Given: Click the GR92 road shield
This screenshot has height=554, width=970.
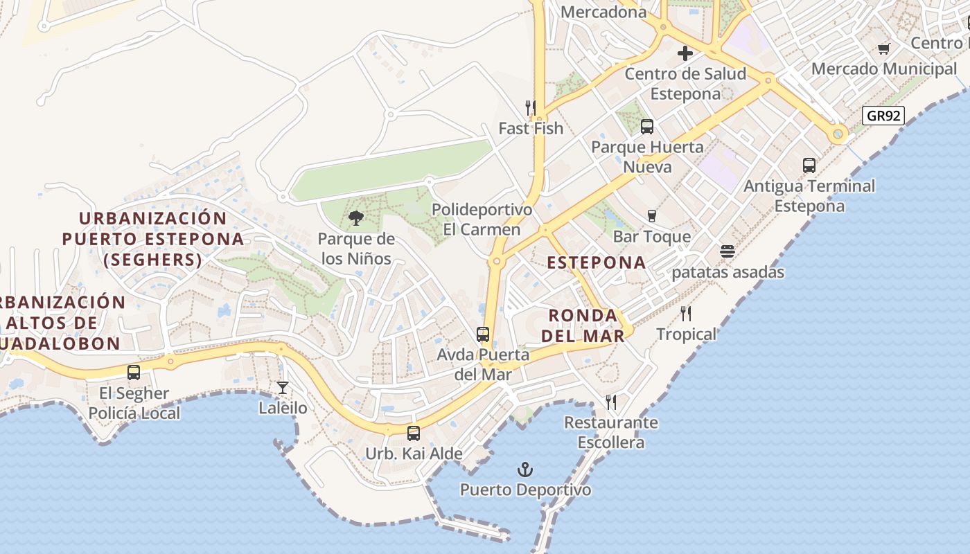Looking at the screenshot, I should (884, 115).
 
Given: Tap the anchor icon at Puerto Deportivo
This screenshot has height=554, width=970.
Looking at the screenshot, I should (525, 470).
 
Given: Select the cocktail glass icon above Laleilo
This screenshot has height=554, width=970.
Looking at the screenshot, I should (283, 388).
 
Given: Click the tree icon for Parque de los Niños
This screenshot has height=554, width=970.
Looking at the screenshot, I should (356, 219).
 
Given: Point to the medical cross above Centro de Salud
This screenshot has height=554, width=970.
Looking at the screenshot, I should (685, 53).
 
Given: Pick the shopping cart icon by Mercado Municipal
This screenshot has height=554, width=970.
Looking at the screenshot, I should (883, 48).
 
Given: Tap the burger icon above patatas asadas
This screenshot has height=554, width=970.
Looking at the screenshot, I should (727, 251).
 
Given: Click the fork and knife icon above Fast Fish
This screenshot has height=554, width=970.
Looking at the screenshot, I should (531, 107).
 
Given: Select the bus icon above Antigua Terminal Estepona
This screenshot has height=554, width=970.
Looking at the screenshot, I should (809, 166).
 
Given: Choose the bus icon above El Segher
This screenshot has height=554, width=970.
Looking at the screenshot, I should (134, 373).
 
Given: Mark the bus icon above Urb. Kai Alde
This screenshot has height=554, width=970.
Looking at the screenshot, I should (414, 434).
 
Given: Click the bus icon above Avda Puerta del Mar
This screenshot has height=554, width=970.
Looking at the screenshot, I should (483, 334).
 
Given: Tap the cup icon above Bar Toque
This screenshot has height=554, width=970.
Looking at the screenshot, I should (651, 216).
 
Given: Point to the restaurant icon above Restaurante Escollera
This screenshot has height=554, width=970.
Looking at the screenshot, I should (610, 402).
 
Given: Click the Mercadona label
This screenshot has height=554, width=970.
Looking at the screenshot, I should (603, 12).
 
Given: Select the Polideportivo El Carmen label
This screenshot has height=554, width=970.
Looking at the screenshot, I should (482, 220).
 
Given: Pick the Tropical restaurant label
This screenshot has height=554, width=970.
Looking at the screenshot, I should (686, 334).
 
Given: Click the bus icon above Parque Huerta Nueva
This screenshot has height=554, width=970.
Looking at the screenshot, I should (646, 127).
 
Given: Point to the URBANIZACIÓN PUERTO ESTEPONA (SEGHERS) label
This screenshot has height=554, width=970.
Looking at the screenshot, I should (153, 239).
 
